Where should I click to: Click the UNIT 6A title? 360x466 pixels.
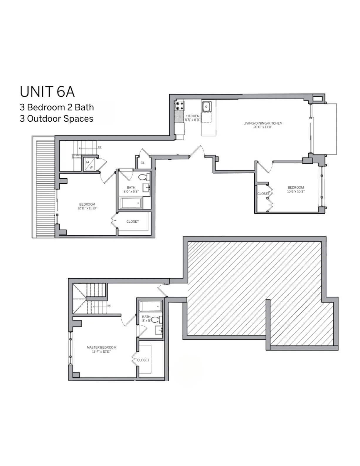click(47, 92)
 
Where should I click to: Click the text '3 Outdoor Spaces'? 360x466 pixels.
click(56, 119)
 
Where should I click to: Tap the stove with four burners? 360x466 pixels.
click(179, 106)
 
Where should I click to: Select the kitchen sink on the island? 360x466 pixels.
click(206, 106)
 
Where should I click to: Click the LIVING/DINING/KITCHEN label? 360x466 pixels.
click(263, 123)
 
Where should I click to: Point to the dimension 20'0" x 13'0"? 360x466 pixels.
click(263, 127)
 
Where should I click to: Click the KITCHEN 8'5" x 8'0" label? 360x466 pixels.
click(192, 118)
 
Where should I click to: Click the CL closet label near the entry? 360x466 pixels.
click(143, 163)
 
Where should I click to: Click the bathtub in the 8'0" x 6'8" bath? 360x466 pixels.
click(131, 203)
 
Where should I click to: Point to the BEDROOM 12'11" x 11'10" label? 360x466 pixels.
click(87, 206)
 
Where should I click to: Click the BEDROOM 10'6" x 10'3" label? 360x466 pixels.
click(296, 189)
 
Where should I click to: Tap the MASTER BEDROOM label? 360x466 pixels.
click(101, 347)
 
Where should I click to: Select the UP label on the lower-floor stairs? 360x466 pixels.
click(100, 147)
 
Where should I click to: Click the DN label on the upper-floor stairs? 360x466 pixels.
click(109, 306)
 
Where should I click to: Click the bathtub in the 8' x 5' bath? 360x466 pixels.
click(150, 306)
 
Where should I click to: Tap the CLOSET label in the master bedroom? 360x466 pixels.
click(143, 360)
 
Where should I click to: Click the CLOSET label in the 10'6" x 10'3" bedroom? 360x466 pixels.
click(263, 194)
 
